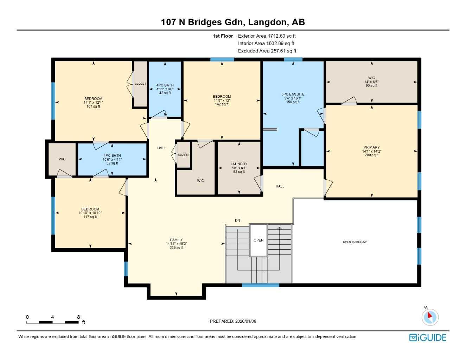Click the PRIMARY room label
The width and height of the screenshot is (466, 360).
click(x=371, y=147)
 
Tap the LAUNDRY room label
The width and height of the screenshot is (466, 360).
click(x=239, y=164)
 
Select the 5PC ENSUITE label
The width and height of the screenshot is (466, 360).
click(x=293, y=94)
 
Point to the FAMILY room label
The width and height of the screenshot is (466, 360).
click(x=176, y=240)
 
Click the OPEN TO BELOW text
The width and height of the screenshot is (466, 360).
click(x=355, y=242)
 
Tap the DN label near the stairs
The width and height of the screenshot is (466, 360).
click(x=237, y=220)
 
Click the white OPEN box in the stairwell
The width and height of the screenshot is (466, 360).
click(x=258, y=240)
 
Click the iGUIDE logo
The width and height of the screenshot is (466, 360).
click(x=427, y=337)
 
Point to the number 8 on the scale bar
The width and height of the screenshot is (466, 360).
click(x=78, y=317)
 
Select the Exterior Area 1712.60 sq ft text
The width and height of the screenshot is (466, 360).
click(x=267, y=36)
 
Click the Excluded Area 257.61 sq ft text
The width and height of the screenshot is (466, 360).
click(x=267, y=51)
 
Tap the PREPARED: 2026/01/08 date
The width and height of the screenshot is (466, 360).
click(x=233, y=321)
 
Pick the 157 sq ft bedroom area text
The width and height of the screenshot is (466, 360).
click(x=93, y=107)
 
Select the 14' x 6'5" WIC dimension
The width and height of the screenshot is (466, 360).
click(x=371, y=82)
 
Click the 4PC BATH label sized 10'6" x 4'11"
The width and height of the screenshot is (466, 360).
click(x=112, y=155)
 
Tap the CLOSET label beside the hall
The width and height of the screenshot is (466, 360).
click(x=183, y=155)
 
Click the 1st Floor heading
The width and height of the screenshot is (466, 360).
click(x=223, y=36)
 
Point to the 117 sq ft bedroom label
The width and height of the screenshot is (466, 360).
click(x=90, y=217)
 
